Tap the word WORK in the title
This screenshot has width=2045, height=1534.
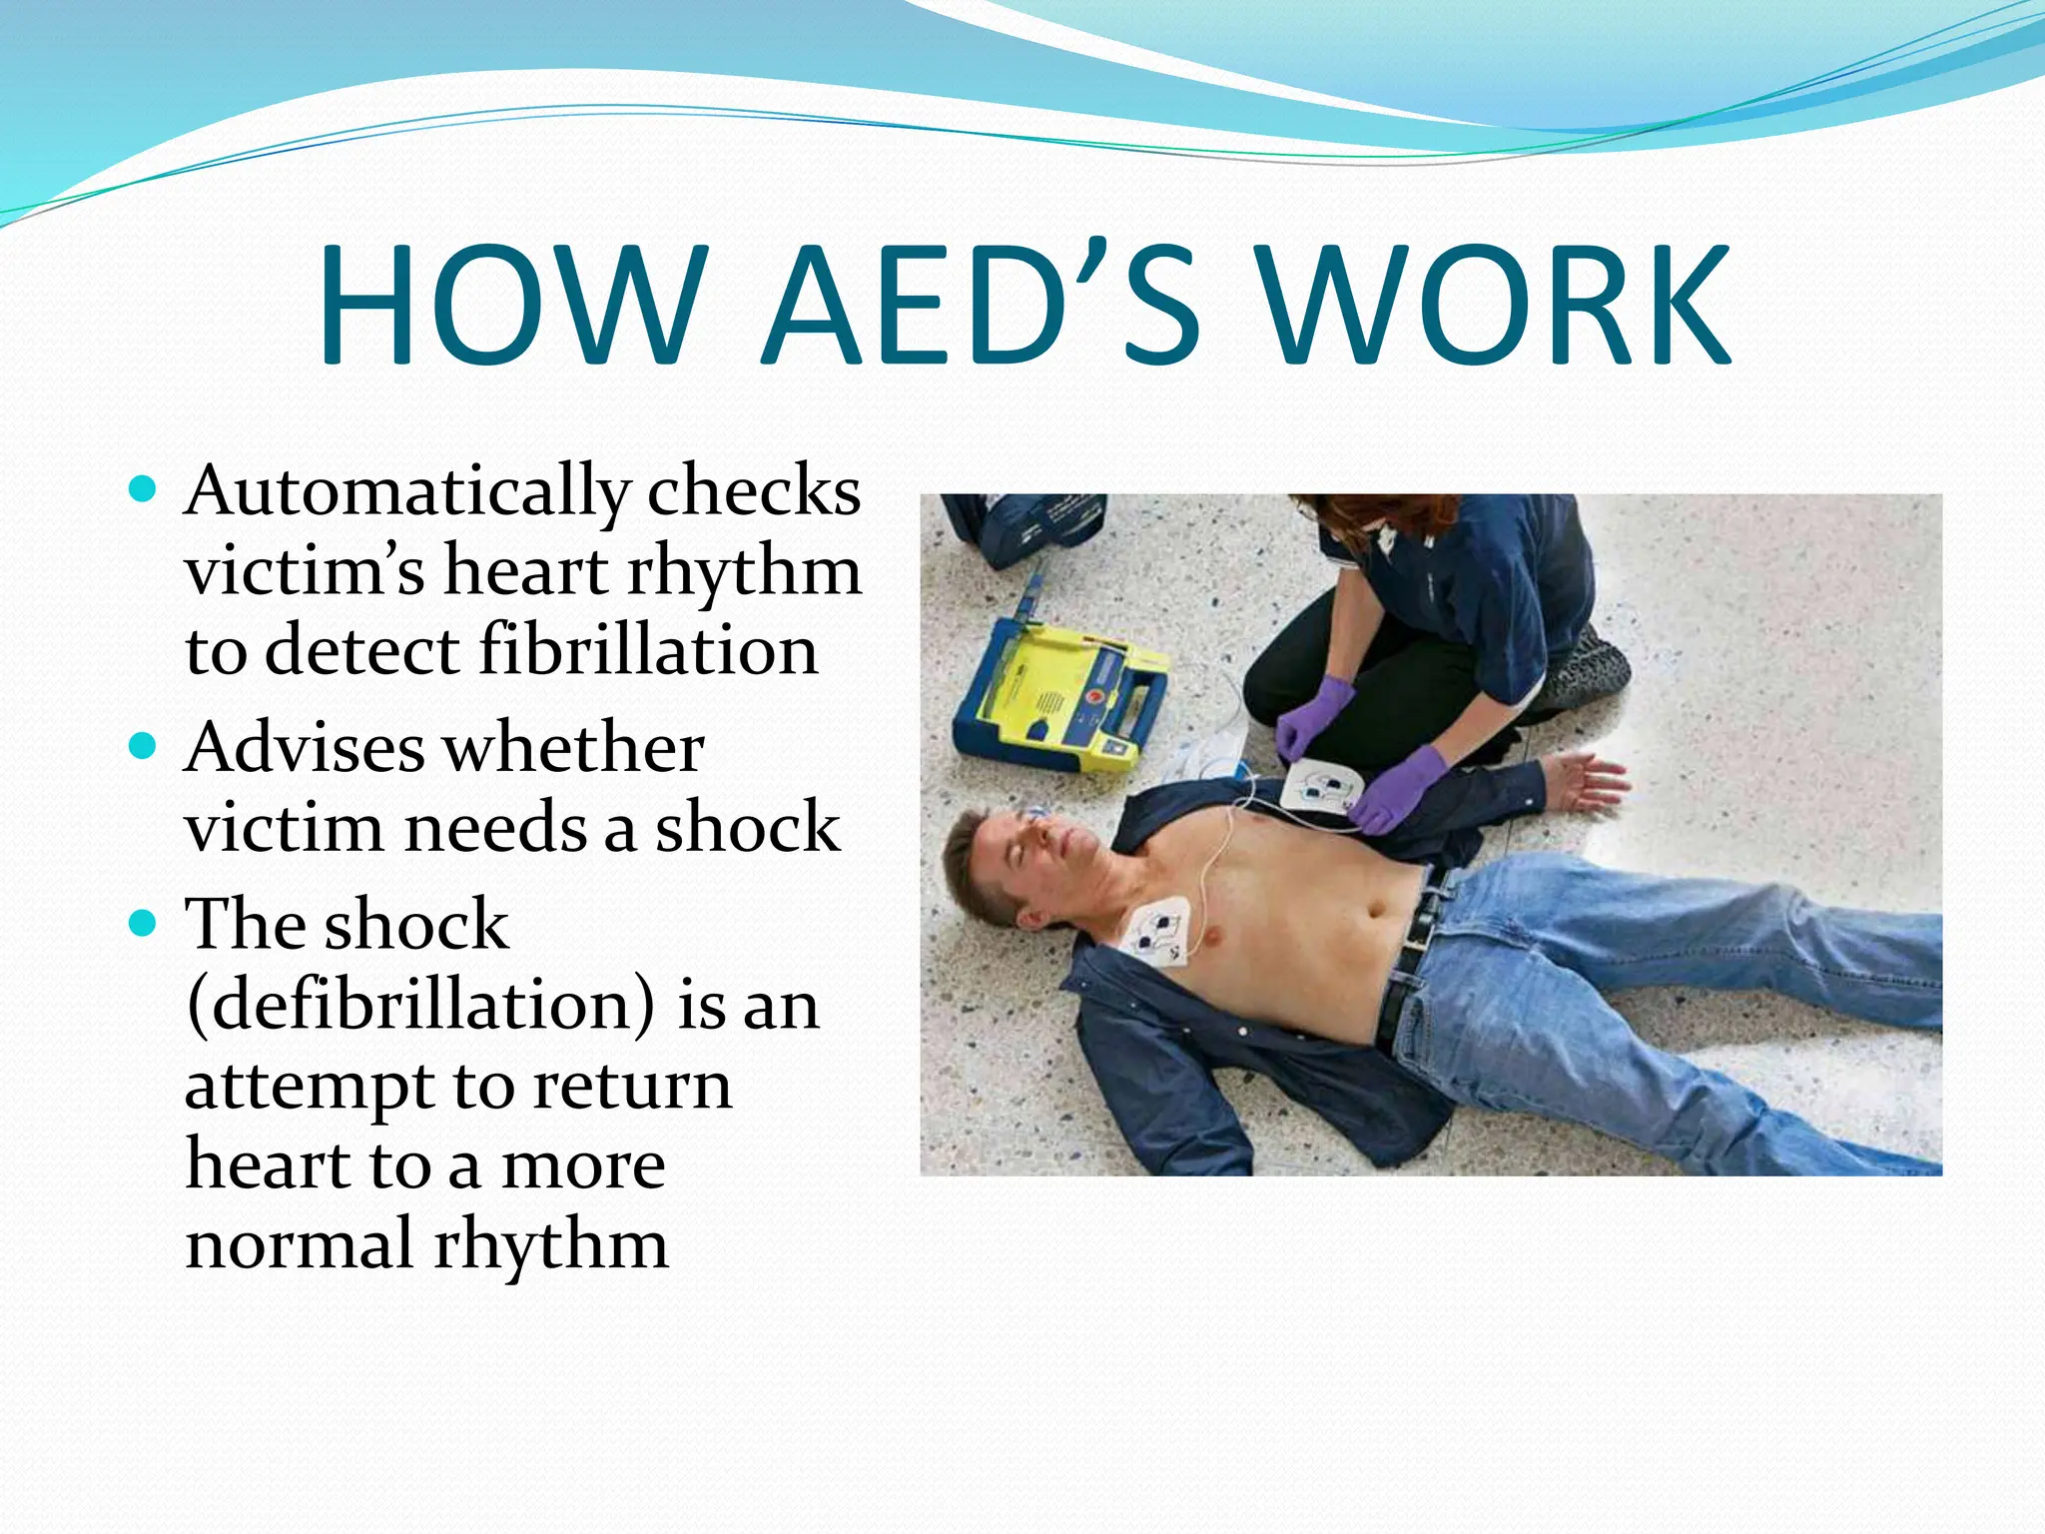coord(1493,305)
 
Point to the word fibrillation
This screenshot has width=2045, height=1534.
coord(648,650)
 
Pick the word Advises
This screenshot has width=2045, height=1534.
coord(304,748)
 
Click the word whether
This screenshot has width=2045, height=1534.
coord(573,748)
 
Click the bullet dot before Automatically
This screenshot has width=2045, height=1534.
coord(144,489)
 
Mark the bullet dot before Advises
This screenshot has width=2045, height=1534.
coord(144,746)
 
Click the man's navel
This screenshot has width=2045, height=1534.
coord(1376,911)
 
